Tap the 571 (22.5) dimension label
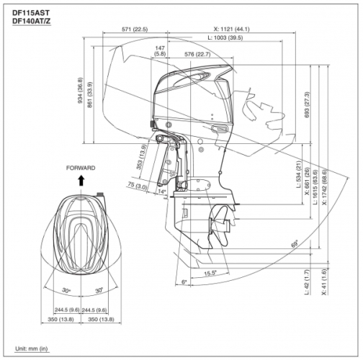pyautogui.click(x=135, y=29)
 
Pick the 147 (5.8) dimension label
pyautogui.click(x=160, y=50)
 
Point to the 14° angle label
pyautogui.click(x=162, y=192)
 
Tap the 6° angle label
pyautogui.click(x=184, y=281)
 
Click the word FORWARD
pyautogui.click(x=81, y=168)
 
